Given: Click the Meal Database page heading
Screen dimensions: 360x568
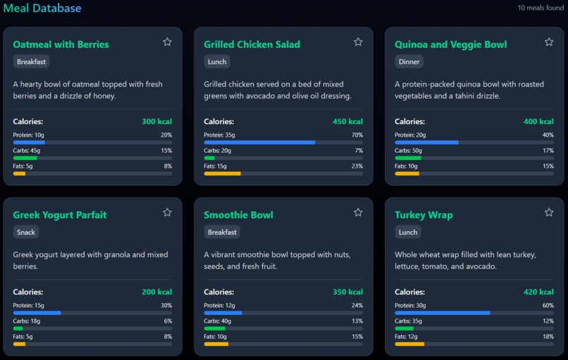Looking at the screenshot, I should (x=42, y=8).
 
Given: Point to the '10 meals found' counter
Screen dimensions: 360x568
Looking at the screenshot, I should (x=541, y=8).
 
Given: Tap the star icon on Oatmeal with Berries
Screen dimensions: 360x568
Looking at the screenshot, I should (x=167, y=42).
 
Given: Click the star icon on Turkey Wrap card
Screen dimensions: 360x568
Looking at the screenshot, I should (x=549, y=213).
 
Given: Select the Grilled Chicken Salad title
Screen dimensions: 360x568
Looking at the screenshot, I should (x=252, y=44).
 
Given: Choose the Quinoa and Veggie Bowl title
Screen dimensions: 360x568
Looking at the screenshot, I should (x=450, y=44).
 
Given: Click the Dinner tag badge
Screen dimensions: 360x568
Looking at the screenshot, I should (x=409, y=62).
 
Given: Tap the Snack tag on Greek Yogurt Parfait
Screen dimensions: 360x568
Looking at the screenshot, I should (x=27, y=232).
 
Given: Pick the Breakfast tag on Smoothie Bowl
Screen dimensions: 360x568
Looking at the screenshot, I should (x=223, y=232).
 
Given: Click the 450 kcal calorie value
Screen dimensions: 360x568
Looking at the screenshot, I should (x=347, y=122).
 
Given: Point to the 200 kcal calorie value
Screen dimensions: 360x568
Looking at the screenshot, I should (x=156, y=292).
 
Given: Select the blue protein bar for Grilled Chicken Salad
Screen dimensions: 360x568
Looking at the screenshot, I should (x=259, y=142).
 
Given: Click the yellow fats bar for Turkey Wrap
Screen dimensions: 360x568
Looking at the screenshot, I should (x=409, y=344).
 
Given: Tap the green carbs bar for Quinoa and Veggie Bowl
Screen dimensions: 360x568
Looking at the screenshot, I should (x=408, y=158).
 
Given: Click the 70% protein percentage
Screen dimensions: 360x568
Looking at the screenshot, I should (x=357, y=135).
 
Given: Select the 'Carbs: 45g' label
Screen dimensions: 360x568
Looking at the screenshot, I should (x=27, y=151).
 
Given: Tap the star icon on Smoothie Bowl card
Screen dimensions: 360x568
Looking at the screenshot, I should (x=358, y=213).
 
